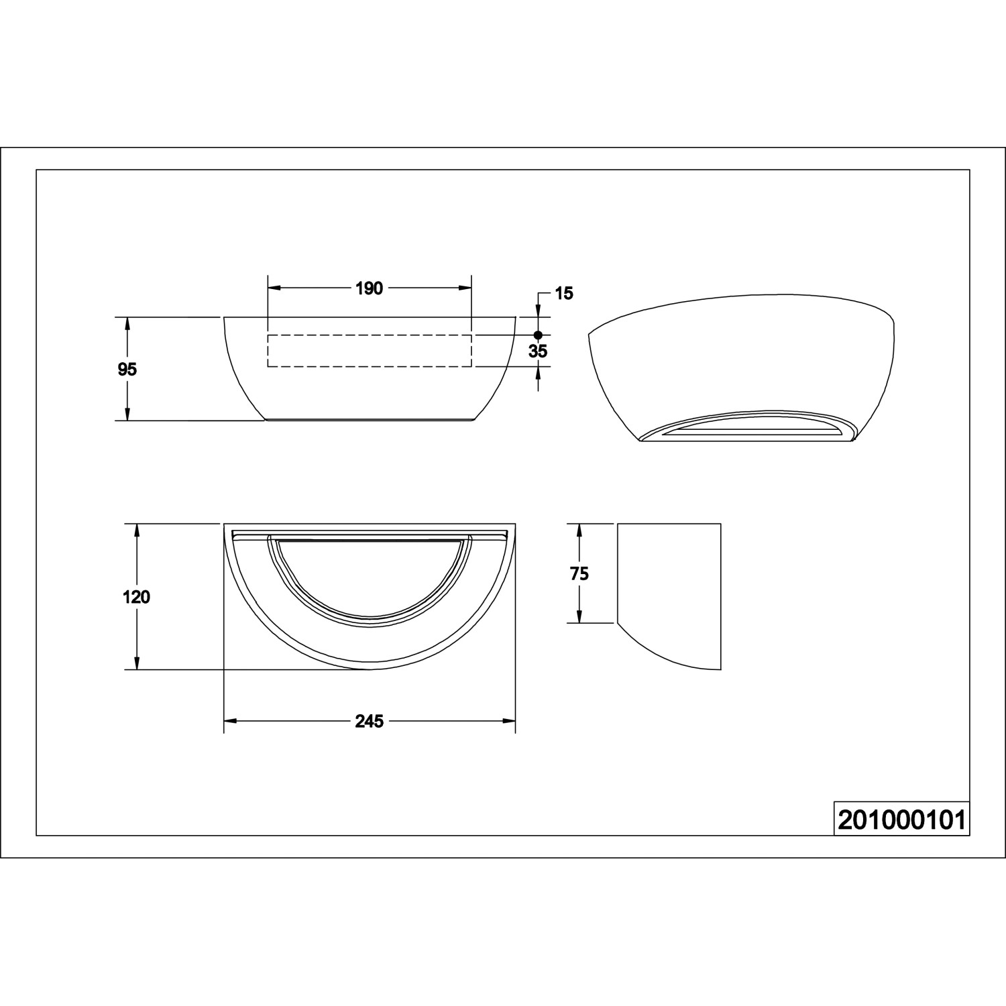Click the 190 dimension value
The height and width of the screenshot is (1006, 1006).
[369, 288]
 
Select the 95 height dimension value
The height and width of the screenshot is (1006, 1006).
[127, 369]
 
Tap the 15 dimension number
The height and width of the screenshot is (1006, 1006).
[565, 294]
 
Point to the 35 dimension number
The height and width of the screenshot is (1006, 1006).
[538, 351]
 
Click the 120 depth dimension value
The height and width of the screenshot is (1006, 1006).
[137, 596]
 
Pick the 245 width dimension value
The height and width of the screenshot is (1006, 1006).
[369, 721]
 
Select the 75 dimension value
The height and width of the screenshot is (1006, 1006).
[579, 573]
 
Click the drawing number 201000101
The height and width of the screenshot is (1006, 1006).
[901, 820]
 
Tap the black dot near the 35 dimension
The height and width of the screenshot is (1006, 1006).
[537, 335]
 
